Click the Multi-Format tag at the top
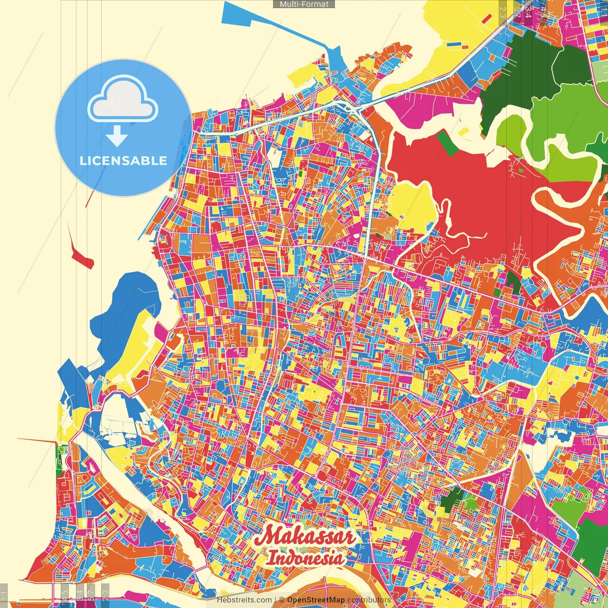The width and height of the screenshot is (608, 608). [x=304, y=4]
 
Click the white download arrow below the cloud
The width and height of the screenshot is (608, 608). [x=117, y=137]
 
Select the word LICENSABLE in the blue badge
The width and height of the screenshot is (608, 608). [x=123, y=161]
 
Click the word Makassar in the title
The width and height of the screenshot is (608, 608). [x=304, y=536]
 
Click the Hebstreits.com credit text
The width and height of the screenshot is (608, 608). [x=244, y=600]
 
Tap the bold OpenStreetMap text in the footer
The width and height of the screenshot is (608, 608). [x=315, y=600]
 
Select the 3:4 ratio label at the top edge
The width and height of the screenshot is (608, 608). [x=528, y=11]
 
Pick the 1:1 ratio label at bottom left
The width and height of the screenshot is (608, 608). [x=4, y=595]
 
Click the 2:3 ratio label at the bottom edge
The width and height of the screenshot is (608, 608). [x=105, y=592]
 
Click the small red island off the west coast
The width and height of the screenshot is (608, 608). [x=81, y=256]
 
